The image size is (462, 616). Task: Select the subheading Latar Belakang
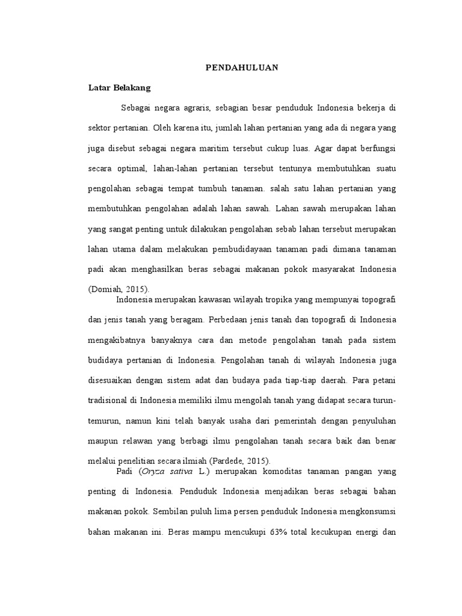coord(119,87)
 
